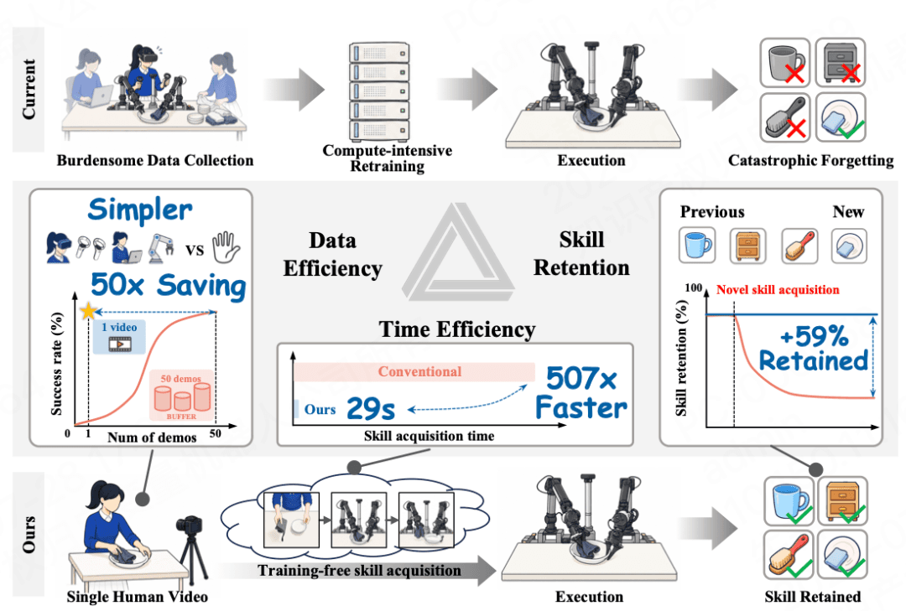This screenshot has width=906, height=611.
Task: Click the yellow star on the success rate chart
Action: click(x=88, y=311)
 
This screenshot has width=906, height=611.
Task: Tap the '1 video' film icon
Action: click(x=120, y=344)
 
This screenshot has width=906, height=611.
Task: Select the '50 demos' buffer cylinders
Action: click(x=182, y=396)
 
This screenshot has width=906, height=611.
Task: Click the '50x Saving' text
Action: click(x=168, y=286)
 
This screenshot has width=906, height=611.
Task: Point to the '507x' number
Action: click(x=581, y=379)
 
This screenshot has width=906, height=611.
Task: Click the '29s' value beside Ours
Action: click(x=371, y=409)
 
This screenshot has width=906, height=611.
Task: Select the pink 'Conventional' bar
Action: click(x=414, y=372)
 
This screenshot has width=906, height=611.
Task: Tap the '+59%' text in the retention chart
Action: click(x=814, y=336)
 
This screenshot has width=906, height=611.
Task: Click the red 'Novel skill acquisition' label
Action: click(x=778, y=290)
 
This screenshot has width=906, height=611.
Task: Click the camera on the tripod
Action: click(x=190, y=525)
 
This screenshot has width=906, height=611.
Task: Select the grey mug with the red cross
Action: click(x=785, y=62)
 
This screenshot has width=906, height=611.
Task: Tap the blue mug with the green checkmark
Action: click(x=789, y=501)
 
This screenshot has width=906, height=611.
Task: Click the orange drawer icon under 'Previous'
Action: click(x=747, y=246)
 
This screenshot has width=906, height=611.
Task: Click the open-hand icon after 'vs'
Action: click(x=226, y=246)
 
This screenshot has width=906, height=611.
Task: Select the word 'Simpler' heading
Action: click(x=140, y=209)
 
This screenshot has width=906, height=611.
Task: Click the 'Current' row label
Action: click(x=29, y=89)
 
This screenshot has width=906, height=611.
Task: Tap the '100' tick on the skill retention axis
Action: click(x=694, y=287)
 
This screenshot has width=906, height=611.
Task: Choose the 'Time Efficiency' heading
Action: click(x=457, y=329)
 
